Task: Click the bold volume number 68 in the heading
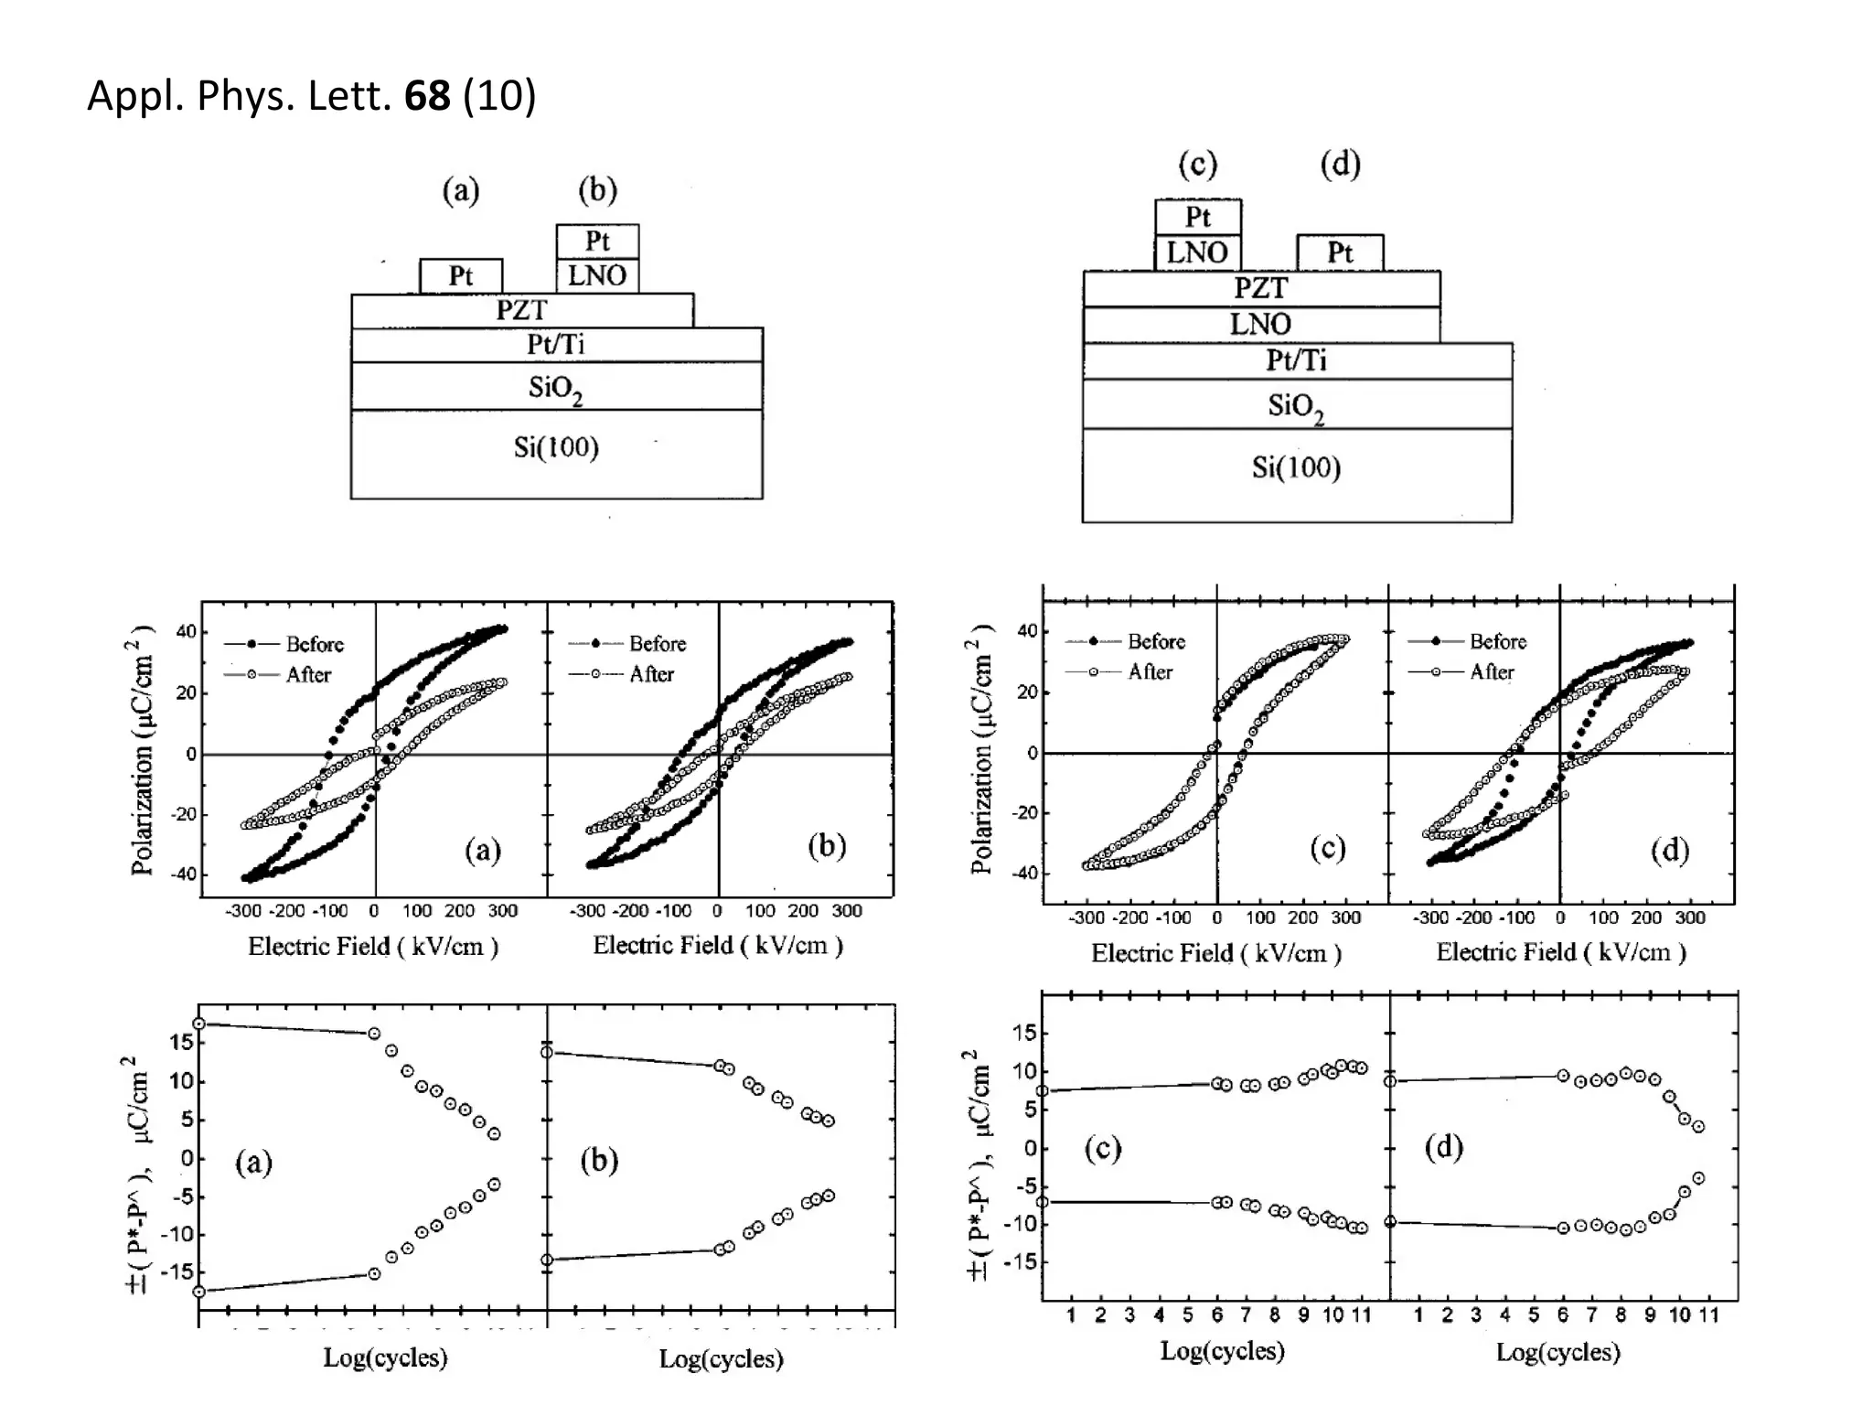[427, 95]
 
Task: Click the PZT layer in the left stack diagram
[521, 310]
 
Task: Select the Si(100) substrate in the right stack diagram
[1296, 468]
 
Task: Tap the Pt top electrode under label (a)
[461, 276]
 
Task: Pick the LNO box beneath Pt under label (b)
[597, 275]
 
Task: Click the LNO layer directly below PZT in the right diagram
[1260, 324]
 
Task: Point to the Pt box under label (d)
[1340, 252]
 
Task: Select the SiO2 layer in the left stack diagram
[555, 388]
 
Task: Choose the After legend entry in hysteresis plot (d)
[1491, 672]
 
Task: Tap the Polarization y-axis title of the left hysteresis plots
[142, 750]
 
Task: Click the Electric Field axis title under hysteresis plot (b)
[718, 946]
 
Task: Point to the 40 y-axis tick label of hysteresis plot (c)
[1027, 631]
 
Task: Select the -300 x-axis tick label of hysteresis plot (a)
[243, 911]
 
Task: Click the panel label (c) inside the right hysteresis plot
[1327, 849]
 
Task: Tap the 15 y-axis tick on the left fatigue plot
[181, 1042]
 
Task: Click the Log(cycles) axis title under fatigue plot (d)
[1557, 1352]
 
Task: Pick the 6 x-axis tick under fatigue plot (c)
[1216, 1315]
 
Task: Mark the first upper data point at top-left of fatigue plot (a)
[198, 1024]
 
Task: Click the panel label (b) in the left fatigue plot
[599, 1160]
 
